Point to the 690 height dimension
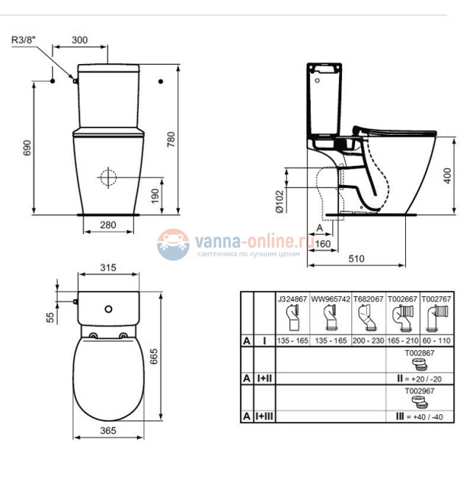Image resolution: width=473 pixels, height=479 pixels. pyautogui.click(x=27, y=146)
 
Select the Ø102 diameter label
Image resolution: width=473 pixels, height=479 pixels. pyautogui.click(x=279, y=200)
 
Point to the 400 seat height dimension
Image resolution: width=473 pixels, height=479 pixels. pyautogui.click(x=447, y=175)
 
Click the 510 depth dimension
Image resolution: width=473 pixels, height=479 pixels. pyautogui.click(x=356, y=259)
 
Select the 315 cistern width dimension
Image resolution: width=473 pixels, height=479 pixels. pyautogui.click(x=108, y=269)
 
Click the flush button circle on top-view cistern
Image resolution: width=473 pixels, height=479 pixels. pyautogui.click(x=108, y=309)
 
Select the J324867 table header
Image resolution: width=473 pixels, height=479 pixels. pyautogui.click(x=292, y=300)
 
